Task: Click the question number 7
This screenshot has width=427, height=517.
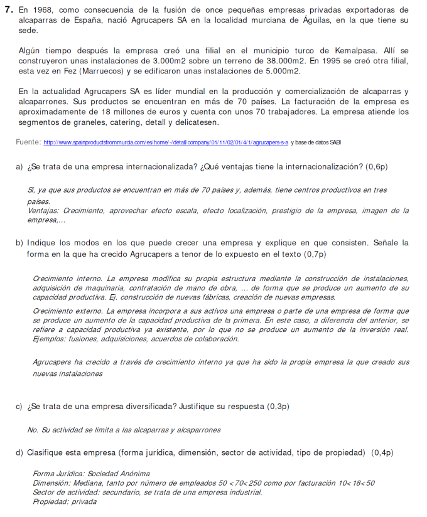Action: point(8,10)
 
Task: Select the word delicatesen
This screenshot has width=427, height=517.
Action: point(195,122)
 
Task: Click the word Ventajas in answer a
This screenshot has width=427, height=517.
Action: point(43,211)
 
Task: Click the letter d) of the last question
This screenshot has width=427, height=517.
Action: point(19,452)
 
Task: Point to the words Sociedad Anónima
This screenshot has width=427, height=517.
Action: point(119,474)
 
